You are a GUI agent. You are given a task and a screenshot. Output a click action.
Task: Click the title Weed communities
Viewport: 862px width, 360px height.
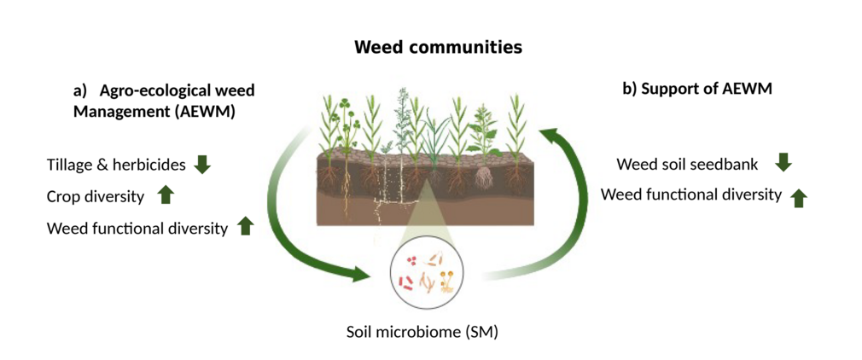(438, 47)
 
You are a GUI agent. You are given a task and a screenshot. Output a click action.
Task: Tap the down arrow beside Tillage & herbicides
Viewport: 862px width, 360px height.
(202, 164)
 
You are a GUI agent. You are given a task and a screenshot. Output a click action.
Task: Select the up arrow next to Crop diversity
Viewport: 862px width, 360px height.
(166, 195)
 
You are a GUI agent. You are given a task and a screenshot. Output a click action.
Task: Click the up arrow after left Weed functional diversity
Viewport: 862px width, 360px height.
(246, 226)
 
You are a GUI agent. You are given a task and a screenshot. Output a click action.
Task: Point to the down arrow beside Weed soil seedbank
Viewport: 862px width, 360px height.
(783, 162)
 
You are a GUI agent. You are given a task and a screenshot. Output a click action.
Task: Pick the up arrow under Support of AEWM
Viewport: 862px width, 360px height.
(799, 198)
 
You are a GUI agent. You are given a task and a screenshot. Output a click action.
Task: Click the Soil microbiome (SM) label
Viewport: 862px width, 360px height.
(422, 331)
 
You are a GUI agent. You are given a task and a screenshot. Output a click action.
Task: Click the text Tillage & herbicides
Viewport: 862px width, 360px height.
(115, 165)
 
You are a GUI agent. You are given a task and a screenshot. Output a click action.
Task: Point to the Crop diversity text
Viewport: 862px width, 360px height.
(96, 196)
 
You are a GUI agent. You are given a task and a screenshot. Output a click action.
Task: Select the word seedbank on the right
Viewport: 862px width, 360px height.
(734, 163)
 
